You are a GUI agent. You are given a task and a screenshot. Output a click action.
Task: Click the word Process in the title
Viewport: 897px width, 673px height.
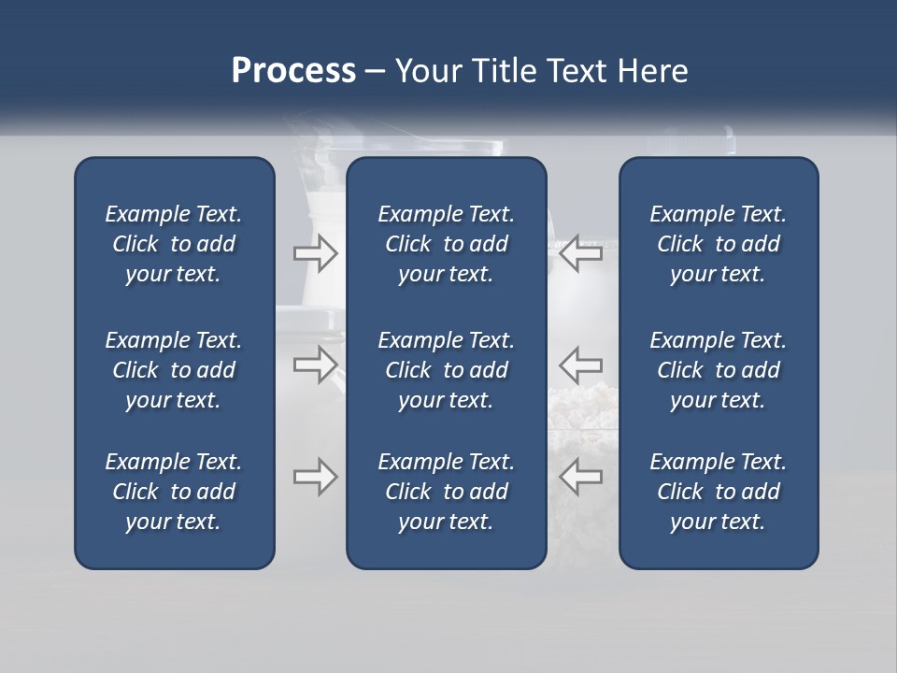pos(293,71)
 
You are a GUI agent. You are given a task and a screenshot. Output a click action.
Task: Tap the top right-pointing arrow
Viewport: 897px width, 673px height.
pos(316,253)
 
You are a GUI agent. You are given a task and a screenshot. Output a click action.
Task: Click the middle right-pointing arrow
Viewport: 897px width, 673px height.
pos(316,364)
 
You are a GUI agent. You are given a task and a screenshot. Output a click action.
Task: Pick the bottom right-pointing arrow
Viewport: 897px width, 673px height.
pos(316,477)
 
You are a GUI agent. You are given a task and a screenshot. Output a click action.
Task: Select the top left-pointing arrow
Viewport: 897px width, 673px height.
pos(580,253)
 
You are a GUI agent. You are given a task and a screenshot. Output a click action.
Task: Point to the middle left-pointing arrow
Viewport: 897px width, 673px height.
pos(580,364)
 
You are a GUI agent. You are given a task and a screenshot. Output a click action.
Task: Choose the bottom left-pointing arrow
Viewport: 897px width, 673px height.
pos(580,477)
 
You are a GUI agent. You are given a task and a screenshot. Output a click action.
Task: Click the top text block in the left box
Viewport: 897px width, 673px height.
pos(174,244)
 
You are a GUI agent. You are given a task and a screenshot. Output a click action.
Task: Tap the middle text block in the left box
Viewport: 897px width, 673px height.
pos(174,370)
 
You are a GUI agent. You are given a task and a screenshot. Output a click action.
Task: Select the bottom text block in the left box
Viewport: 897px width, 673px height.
pos(174,492)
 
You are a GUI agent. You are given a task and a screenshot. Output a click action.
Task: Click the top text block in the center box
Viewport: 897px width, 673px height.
pos(446,244)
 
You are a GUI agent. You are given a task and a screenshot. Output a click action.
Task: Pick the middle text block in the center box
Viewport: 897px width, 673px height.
pos(446,370)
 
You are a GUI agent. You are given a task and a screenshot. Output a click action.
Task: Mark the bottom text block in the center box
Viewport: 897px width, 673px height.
pos(446,492)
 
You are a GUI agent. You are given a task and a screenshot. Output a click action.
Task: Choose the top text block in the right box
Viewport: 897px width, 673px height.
pos(718,244)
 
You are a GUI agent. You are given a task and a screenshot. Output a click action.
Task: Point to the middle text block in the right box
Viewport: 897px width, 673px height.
pos(718,370)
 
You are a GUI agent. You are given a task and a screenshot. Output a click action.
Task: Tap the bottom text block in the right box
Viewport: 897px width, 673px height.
pos(718,492)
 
